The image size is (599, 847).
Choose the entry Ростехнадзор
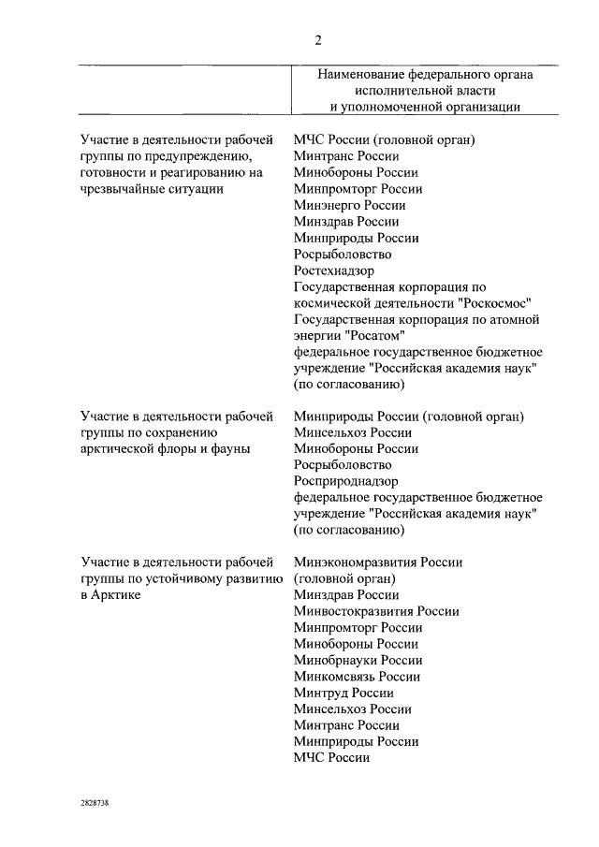point(334,270)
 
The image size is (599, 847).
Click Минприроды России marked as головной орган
point(408,416)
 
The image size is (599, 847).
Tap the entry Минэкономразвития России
point(377,562)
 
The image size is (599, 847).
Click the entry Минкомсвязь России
point(356,677)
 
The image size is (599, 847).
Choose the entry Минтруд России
point(343,693)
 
